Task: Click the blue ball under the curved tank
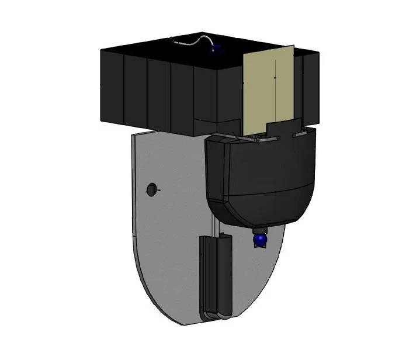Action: click(259, 240)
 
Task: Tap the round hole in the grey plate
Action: click(151, 189)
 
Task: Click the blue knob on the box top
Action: click(218, 49)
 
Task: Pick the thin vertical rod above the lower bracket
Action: click(216, 225)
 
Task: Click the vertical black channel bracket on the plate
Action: click(215, 275)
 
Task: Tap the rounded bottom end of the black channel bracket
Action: click(214, 316)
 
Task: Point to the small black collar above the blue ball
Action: click(258, 229)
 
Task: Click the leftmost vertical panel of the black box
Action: click(112, 88)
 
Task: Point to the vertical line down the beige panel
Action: click(274, 88)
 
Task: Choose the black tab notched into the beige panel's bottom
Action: click(283, 129)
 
